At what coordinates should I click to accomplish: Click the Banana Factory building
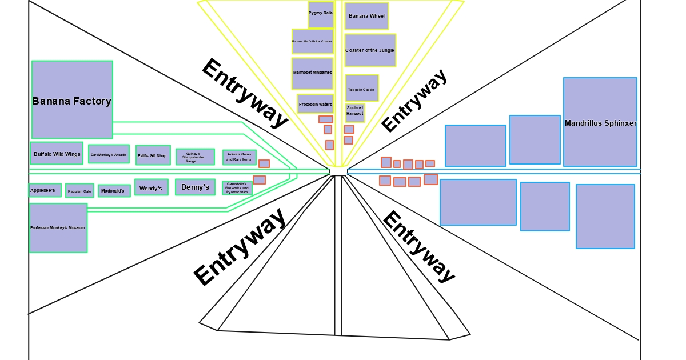click(x=72, y=99)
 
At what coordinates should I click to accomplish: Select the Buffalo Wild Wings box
click(x=57, y=153)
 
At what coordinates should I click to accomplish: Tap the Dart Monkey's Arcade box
click(x=109, y=154)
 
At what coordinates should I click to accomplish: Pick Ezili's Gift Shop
click(x=153, y=155)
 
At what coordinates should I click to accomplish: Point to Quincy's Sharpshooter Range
click(x=195, y=157)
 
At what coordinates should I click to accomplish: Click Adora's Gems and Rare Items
click(x=239, y=157)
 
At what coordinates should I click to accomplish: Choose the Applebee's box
click(x=45, y=190)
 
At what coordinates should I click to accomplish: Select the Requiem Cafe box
click(x=79, y=191)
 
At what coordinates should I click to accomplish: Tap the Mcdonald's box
click(x=114, y=191)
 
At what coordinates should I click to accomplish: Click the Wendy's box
click(x=151, y=187)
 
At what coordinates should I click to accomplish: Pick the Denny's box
click(x=195, y=187)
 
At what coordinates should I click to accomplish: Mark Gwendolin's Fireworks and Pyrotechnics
click(x=237, y=188)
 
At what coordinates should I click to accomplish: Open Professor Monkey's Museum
click(x=58, y=227)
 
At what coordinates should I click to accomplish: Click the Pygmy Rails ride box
click(x=321, y=14)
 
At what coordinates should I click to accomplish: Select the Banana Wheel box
click(x=367, y=16)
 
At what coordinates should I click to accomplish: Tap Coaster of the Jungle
click(x=370, y=50)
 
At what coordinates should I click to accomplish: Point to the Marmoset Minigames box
click(x=312, y=73)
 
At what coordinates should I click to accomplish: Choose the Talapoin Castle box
click(x=361, y=88)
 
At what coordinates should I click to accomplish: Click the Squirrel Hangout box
click(x=354, y=113)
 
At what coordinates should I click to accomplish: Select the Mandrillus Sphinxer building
click(x=600, y=122)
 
